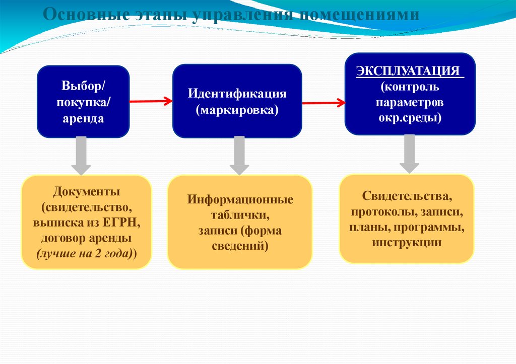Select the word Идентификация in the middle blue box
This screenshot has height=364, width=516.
pyautogui.click(x=237, y=94)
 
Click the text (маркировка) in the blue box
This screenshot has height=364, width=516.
pyautogui.click(x=237, y=109)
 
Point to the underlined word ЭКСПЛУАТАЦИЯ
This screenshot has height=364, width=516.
pyautogui.click(x=409, y=70)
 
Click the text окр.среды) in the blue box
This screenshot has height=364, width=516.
pyautogui.click(x=410, y=119)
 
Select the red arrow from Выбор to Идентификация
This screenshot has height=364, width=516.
pyautogui.click(x=151, y=101)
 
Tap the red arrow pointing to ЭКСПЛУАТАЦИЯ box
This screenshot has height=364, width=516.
pyautogui.click(x=323, y=103)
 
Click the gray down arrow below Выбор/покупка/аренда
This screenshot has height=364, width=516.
pyautogui.click(x=81, y=156)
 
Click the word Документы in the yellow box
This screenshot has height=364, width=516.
pyautogui.click(x=86, y=192)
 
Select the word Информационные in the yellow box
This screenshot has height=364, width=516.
pyautogui.click(x=240, y=199)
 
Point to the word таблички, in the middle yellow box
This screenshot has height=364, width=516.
pyautogui.click(x=240, y=215)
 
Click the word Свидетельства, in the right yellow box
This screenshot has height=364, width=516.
pyautogui.click(x=406, y=194)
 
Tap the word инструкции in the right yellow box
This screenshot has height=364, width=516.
pyautogui.click(x=407, y=243)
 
